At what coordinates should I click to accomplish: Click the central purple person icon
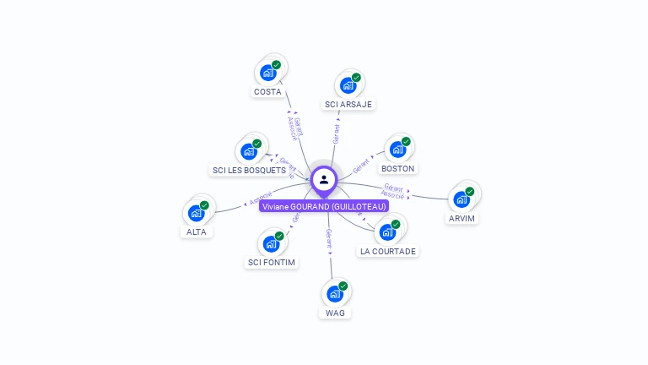pos(324,179)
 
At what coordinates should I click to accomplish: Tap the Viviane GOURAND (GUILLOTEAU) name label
pos(324,206)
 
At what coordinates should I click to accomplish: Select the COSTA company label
pos(267,91)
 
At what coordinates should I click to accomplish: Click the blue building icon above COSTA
pos(268,73)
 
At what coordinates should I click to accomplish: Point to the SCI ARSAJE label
pos(348,105)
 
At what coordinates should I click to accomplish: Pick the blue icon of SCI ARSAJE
pos(348,85)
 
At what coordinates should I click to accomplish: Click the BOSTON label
pos(397,168)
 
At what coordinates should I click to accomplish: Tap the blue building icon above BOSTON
pos(397,150)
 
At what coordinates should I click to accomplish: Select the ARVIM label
pos(462,218)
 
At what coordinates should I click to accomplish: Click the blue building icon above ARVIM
pos(461,199)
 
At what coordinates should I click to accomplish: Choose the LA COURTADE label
pos(388,251)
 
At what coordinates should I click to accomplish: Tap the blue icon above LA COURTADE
pos(387,232)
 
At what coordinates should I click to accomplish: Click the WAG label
pos(335,313)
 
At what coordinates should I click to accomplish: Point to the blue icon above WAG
pos(334,294)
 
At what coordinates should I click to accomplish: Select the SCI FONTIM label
pos(271,262)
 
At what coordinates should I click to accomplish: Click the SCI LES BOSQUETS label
pos(249,170)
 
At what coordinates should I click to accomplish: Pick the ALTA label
pos(197,232)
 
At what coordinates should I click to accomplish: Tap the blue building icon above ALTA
pos(197,213)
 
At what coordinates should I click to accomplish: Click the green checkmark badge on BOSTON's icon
pos(406,141)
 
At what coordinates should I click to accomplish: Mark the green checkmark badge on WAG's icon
pos(343,286)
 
